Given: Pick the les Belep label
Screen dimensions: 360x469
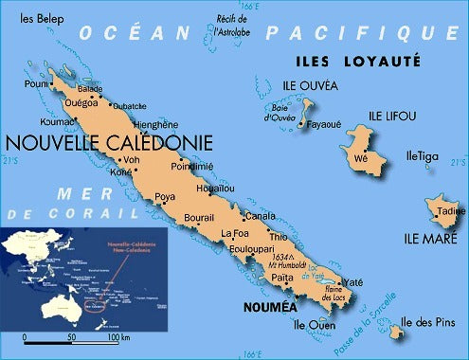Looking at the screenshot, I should coord(34,18).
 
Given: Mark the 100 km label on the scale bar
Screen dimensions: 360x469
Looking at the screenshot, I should coord(118,338).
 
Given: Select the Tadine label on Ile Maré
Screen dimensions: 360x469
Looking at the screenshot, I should coord(451,210).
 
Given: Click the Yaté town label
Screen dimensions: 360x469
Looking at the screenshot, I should coord(352,282).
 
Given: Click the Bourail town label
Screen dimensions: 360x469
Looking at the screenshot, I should coord(198,218).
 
